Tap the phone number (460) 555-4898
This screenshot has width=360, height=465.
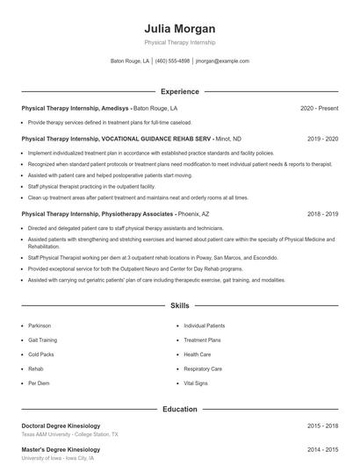(x=172, y=61)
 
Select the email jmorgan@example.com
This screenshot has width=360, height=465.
(x=222, y=61)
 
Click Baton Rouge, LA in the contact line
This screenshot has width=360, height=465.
(x=130, y=61)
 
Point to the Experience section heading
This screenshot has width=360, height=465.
(x=179, y=91)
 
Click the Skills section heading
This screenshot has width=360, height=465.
(x=179, y=306)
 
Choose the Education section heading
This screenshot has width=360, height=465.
(x=179, y=409)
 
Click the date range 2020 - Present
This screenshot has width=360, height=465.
(x=319, y=108)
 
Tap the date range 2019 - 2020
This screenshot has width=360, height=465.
(x=322, y=139)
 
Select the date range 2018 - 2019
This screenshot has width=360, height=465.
(x=322, y=213)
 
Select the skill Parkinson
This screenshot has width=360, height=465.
(x=40, y=325)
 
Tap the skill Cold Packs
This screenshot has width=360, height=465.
(x=40, y=354)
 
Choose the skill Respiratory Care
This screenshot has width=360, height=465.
(x=203, y=368)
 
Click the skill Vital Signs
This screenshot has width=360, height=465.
(x=195, y=383)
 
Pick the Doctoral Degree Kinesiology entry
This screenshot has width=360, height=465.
(x=61, y=426)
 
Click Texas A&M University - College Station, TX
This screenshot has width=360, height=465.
(x=69, y=434)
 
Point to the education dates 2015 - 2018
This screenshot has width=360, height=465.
(x=322, y=426)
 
